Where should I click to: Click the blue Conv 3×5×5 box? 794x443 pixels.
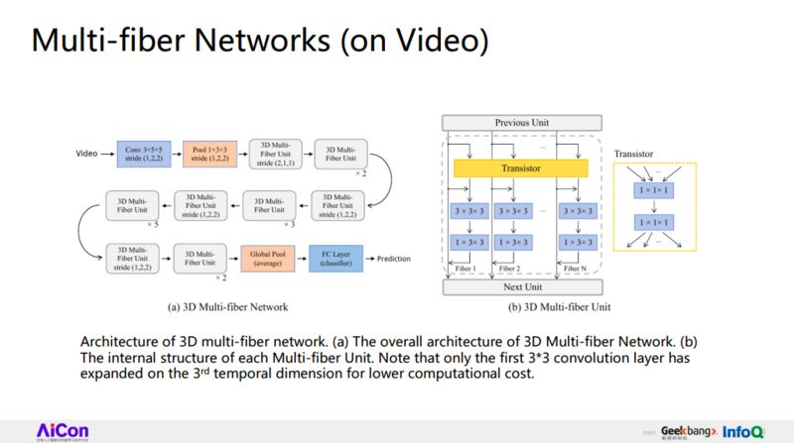145,155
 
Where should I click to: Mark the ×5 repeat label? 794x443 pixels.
153,226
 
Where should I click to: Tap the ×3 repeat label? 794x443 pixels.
291,226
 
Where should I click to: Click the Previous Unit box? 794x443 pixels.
522,123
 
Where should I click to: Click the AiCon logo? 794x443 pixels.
64,428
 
